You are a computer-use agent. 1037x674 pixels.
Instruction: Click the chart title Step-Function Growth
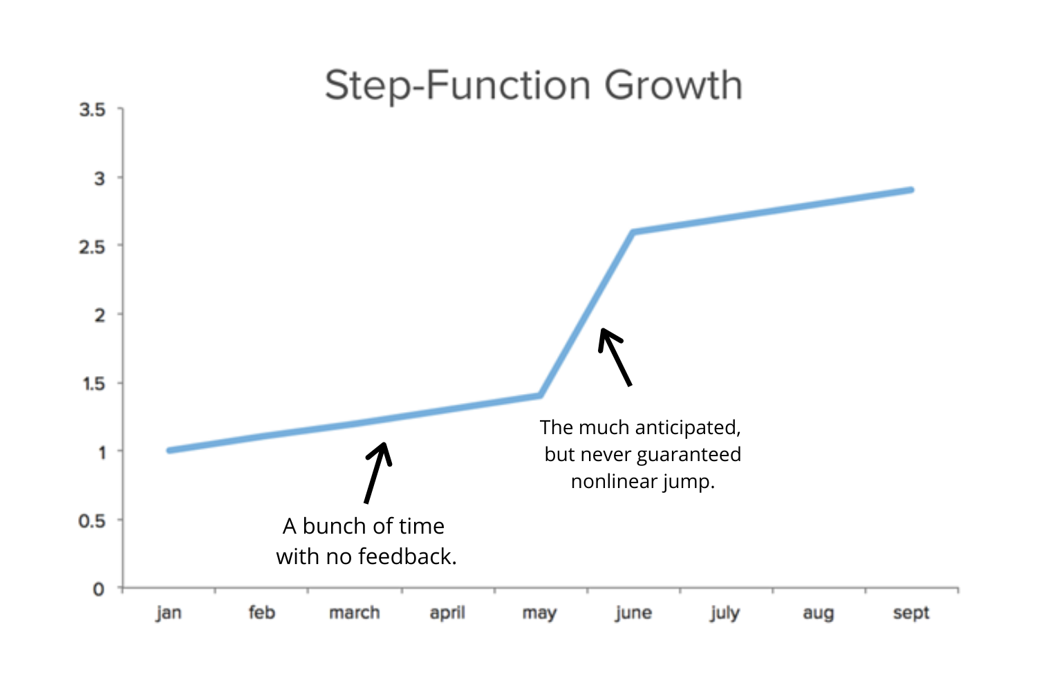[x=533, y=86]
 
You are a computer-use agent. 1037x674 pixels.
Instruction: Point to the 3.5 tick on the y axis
[x=93, y=110]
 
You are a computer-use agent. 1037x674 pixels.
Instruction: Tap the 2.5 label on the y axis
[x=93, y=247]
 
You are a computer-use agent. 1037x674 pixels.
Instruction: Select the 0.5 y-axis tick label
[x=93, y=521]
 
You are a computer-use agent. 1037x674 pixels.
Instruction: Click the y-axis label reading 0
[x=99, y=589]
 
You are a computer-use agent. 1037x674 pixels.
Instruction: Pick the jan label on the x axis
[x=169, y=612]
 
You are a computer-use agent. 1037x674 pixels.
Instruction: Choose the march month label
[x=355, y=613]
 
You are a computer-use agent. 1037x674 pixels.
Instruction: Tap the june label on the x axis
[x=633, y=613]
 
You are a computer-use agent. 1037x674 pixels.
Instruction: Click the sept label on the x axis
[x=911, y=613]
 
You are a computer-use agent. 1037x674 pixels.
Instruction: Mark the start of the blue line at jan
[x=169, y=451]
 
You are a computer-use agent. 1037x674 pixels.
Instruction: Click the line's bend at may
[x=540, y=395]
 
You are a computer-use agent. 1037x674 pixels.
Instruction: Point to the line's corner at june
[x=633, y=232]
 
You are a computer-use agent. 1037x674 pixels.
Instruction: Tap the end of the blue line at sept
[x=911, y=190]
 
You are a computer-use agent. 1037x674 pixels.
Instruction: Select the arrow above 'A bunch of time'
[x=377, y=473]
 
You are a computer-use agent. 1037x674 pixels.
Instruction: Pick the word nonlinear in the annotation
[x=614, y=481]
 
